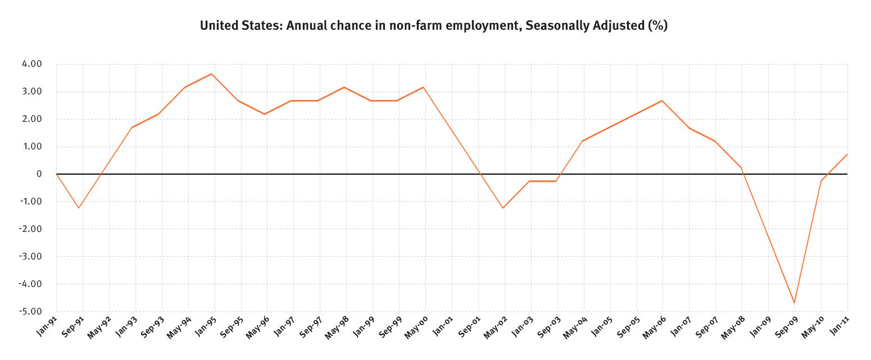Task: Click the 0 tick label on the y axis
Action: [x=39, y=174]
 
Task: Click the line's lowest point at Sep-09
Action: [x=795, y=303]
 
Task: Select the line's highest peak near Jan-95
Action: [x=211, y=74]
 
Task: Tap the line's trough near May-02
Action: [x=503, y=208]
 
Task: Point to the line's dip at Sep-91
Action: [x=79, y=208]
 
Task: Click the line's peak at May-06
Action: [x=662, y=101]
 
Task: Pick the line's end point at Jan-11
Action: [x=847, y=154]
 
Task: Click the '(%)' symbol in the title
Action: [x=657, y=26]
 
